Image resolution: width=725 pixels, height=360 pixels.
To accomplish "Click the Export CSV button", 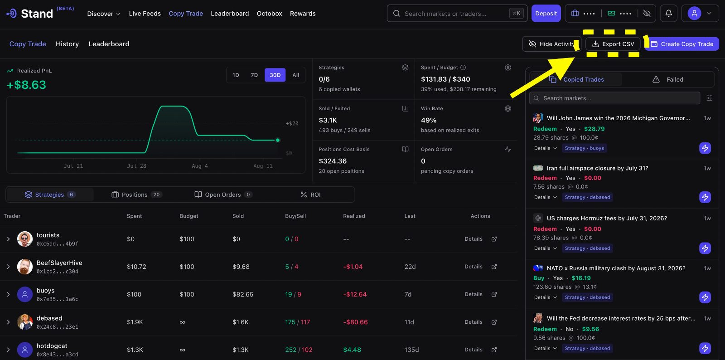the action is point(613,44).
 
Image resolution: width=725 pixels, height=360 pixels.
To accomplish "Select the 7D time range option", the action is point(254,75).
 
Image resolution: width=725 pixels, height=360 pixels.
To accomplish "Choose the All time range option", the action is point(295,75).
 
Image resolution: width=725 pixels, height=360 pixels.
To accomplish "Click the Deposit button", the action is point(546,13).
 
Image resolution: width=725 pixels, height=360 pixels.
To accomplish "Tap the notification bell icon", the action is point(668,13).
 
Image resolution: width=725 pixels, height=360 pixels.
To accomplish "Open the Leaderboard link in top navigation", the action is point(230,14).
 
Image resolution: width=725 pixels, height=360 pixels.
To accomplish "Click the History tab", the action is point(68,44).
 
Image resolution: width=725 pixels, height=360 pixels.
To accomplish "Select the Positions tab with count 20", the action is point(136,195).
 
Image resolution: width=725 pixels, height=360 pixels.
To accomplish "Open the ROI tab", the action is point(310,195).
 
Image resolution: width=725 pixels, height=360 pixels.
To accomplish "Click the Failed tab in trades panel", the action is point(668,80).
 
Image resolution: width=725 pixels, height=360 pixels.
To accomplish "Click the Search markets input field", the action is point(614,98).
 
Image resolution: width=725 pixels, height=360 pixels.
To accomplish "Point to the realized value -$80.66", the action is point(355,322).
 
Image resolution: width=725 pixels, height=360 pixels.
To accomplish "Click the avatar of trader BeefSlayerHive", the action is point(24,267).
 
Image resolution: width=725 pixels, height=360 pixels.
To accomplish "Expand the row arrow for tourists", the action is point(9,239).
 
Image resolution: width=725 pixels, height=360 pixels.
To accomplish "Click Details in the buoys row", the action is point(473,294).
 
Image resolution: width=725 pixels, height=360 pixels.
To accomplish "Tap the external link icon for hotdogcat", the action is point(494,350).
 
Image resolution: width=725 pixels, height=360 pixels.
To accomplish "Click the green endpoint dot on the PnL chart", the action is point(278,140).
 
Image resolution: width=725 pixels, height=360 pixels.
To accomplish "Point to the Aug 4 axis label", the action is point(200,166).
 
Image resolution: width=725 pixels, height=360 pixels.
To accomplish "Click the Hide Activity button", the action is point(551,44).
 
